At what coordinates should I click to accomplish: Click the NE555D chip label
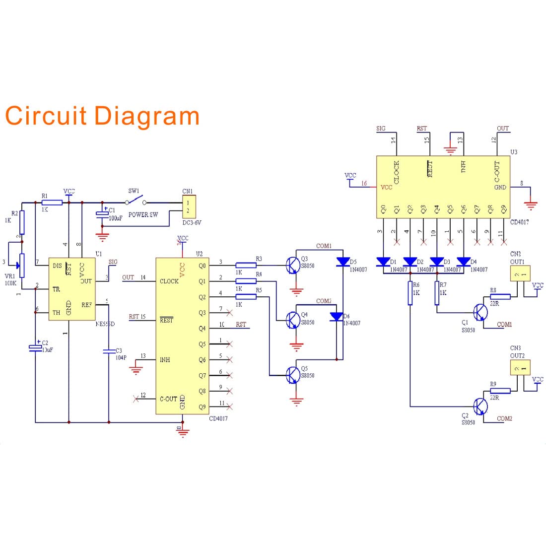tap(105, 324)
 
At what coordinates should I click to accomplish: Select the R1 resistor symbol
tap(52, 203)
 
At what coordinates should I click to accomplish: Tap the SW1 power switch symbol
tap(135, 202)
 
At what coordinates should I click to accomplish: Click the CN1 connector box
tap(189, 206)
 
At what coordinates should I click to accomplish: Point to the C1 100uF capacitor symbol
tap(102, 213)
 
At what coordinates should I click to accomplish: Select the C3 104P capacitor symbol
tap(108, 351)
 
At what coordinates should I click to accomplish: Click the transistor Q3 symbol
tap(292, 266)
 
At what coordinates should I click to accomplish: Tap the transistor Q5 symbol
tap(292, 375)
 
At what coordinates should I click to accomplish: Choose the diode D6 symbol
tap(337, 317)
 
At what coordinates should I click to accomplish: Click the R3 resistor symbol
tap(246, 266)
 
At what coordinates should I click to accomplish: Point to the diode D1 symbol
tap(383, 262)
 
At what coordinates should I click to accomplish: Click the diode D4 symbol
tap(463, 262)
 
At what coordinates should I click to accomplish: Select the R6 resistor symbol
tap(410, 293)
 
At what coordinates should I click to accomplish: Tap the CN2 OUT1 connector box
tap(520, 273)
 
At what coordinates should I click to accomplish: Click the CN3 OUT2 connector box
tap(520, 367)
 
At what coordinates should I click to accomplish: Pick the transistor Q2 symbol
tap(479, 407)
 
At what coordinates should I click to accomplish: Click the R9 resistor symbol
tap(500, 391)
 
